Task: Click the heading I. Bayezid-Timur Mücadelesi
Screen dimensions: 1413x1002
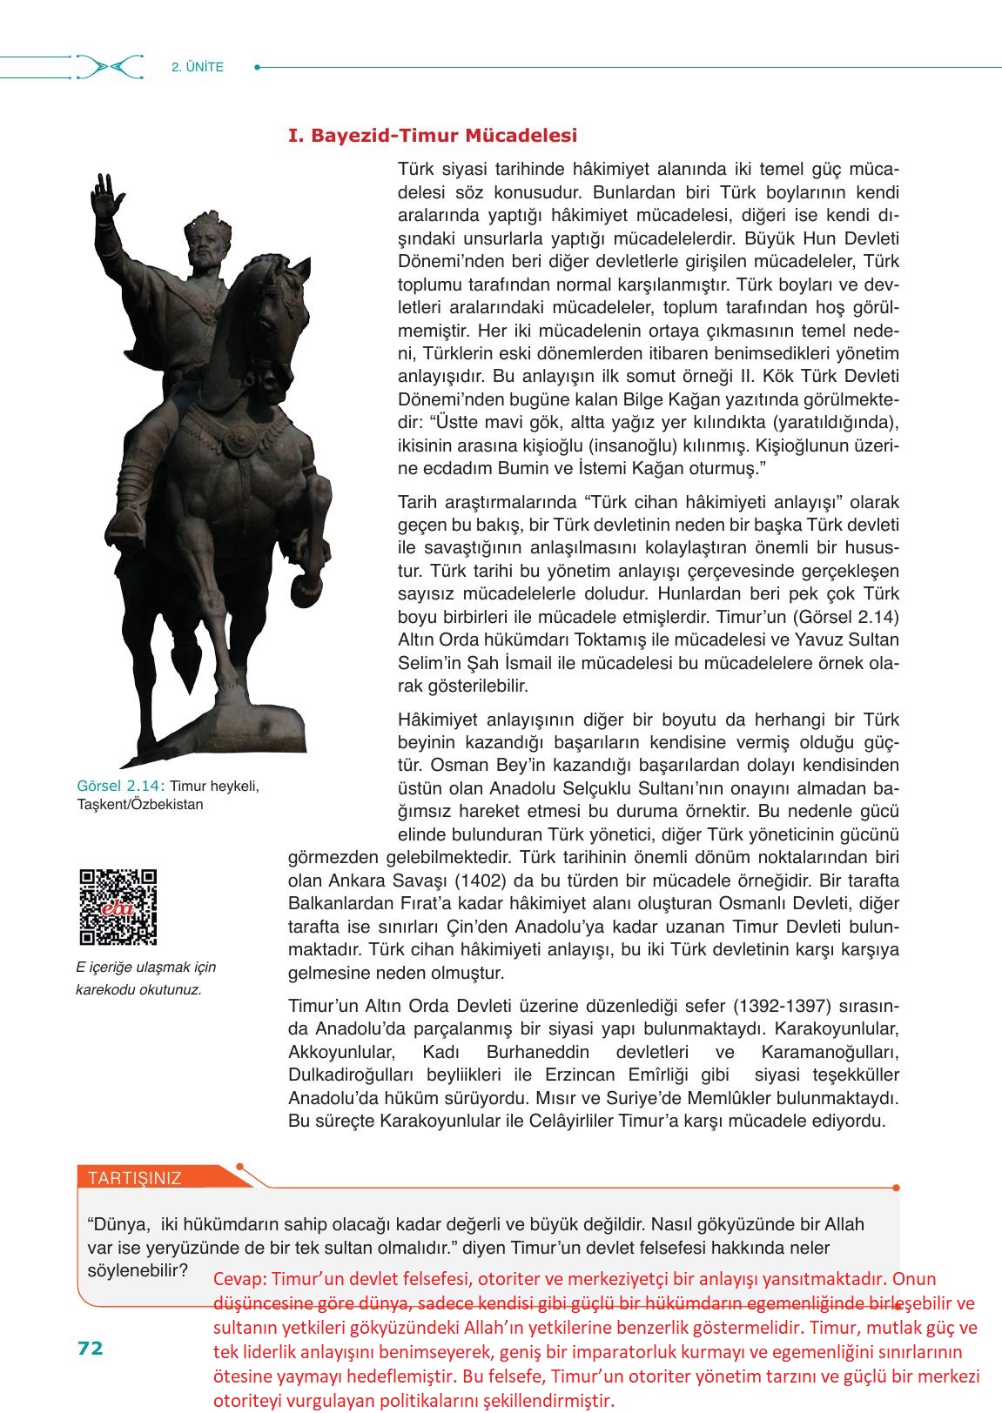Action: (433, 136)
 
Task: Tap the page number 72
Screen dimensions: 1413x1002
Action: (91, 1348)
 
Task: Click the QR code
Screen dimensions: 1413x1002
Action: (118, 907)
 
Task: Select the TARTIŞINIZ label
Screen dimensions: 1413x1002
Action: (135, 1178)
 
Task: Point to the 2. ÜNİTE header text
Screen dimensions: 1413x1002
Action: (198, 67)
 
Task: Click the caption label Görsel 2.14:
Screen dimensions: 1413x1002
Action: (121, 786)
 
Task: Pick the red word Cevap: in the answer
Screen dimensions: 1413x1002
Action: (240, 1279)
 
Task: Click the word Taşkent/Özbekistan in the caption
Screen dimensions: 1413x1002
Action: (140, 804)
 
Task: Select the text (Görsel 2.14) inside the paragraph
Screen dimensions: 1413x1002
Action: (844, 617)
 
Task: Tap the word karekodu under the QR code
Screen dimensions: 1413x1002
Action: (107, 989)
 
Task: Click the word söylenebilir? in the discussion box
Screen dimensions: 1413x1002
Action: (138, 1269)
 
